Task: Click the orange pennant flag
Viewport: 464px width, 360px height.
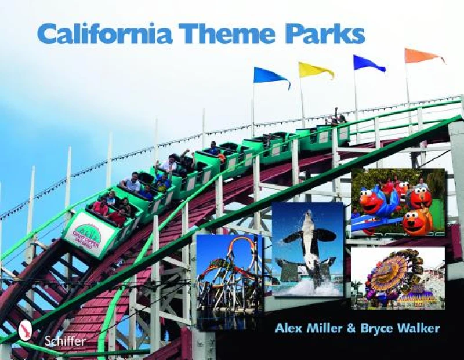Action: click(x=422, y=56)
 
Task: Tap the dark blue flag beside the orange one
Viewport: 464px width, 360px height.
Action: click(x=368, y=63)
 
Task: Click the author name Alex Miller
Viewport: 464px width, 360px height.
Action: click(x=306, y=329)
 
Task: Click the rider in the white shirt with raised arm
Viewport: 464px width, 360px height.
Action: click(x=171, y=164)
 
